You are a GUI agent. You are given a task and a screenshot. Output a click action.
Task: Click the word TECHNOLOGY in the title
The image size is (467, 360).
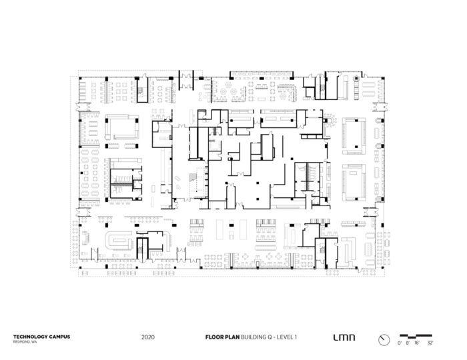point(27,337)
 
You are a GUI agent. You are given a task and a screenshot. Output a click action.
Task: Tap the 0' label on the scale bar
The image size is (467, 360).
point(399,343)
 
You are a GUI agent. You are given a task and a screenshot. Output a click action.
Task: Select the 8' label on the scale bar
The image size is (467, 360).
point(408,343)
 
